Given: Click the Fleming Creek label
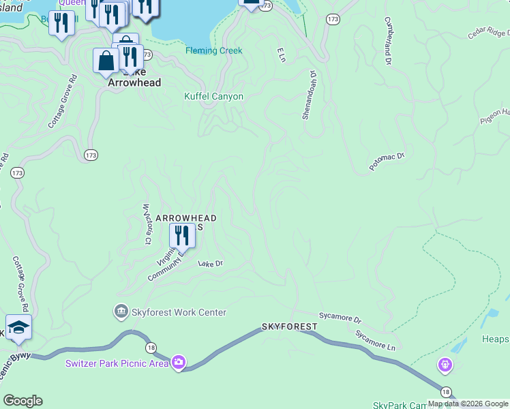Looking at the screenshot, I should pos(214,51).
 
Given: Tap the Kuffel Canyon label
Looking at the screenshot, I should pos(213,97).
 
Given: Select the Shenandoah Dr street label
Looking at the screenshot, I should pos(309,95).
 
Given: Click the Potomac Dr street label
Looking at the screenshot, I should pos(387,162).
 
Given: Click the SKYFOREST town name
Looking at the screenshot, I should pos(290,327).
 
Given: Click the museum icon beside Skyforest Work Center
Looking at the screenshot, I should pos(121,312).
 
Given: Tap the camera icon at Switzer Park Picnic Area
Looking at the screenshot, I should pos(178,362).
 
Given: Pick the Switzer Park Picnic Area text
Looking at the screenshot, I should pos(117,363).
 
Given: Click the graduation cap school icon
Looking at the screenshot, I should pos(18,326).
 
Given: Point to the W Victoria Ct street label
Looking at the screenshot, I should pos(146,224).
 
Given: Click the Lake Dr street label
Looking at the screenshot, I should pos(210,263).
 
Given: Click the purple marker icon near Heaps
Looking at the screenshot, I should pos(445,366).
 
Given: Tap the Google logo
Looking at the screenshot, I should pos(22,401).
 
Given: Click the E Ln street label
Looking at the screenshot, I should pos(280,55).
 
